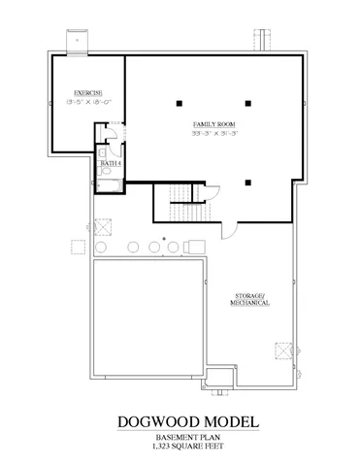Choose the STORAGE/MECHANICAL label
[249, 298]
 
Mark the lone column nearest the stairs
[248, 181]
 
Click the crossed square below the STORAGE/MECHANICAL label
[283, 350]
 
